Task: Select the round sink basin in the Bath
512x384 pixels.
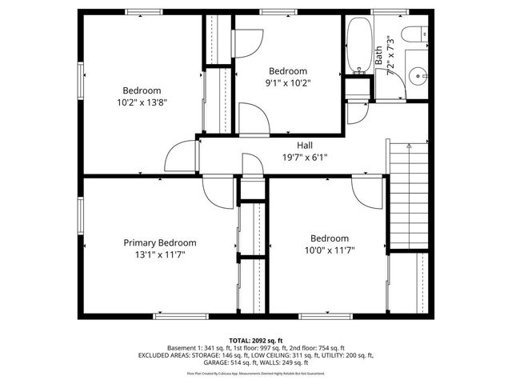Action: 415,78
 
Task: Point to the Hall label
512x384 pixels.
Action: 305,146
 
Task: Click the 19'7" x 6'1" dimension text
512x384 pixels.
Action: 305,158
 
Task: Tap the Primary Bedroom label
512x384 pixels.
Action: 159,243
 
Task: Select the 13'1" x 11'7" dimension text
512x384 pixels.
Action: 159,255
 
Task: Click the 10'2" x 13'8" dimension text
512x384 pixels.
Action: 142,102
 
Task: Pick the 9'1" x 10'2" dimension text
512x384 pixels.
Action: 288,82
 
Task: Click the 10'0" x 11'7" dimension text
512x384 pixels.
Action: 329,250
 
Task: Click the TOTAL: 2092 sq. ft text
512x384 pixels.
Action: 255,340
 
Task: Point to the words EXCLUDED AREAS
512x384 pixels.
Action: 164,355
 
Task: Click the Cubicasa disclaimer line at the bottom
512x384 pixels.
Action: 255,373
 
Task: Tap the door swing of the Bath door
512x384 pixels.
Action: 358,111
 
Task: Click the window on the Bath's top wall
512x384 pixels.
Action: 383,11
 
